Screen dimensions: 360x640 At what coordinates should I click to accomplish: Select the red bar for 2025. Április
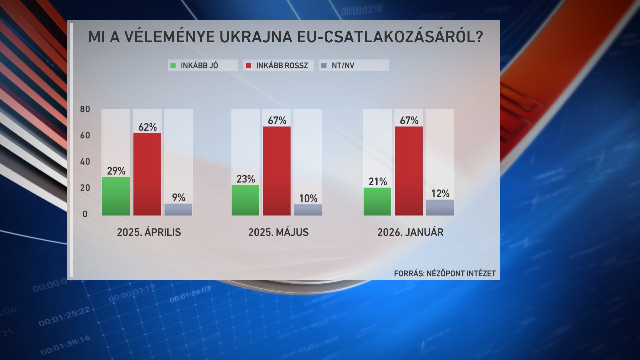(x=147, y=174)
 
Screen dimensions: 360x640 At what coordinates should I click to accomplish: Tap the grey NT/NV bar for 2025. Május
(x=308, y=210)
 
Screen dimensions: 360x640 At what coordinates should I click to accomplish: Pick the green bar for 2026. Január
(x=377, y=201)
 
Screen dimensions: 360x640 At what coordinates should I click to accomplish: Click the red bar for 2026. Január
(x=409, y=171)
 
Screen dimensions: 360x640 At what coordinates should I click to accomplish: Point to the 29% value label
(x=116, y=171)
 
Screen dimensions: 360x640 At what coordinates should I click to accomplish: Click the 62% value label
(x=147, y=127)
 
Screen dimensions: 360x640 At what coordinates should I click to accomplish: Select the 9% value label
(x=179, y=197)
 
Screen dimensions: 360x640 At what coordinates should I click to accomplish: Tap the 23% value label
(x=246, y=179)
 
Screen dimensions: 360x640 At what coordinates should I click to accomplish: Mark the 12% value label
(x=440, y=193)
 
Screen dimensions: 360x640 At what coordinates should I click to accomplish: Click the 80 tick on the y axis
(x=85, y=109)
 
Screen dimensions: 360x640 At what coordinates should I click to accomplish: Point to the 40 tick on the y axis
(x=85, y=162)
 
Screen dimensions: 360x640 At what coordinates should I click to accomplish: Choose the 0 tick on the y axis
(x=85, y=214)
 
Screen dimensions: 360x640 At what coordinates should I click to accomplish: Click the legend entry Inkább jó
(x=199, y=65)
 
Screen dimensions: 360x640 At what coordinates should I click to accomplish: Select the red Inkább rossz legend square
(x=248, y=65)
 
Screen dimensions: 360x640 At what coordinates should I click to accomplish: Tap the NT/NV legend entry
(x=343, y=65)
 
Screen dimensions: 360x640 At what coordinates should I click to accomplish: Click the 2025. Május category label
(x=278, y=232)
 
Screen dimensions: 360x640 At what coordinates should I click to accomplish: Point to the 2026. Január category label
(x=410, y=232)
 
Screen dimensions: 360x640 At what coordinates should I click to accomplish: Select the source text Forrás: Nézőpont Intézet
(x=445, y=274)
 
